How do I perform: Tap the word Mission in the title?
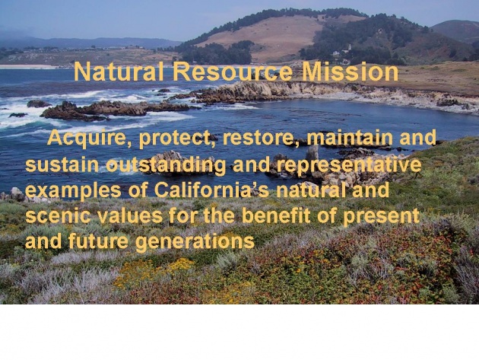(x=350, y=72)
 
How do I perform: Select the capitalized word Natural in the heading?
(x=119, y=72)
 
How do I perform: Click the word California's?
(x=211, y=190)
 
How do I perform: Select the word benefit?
(x=276, y=216)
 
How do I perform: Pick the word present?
(x=381, y=218)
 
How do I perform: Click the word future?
(x=98, y=241)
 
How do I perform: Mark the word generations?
(x=195, y=243)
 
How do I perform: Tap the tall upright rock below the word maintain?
(x=312, y=155)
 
